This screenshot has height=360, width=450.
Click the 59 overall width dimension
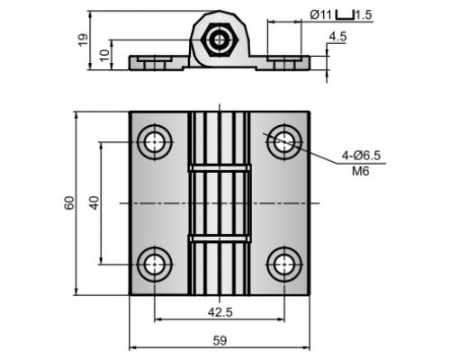coord(220,341)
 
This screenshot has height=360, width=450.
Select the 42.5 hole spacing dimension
coord(220,312)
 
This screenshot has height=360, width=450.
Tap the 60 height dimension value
coord(69,203)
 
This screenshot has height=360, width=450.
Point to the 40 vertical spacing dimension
coord(94,202)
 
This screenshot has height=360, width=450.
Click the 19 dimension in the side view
coord(83,40)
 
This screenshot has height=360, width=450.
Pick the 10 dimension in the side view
coord(104,56)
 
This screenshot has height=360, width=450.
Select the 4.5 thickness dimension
coord(337,37)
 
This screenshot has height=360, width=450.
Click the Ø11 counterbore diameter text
coord(320,14)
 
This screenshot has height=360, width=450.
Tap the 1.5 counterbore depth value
coord(364,14)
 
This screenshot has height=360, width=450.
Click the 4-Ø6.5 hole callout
coord(361,156)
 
